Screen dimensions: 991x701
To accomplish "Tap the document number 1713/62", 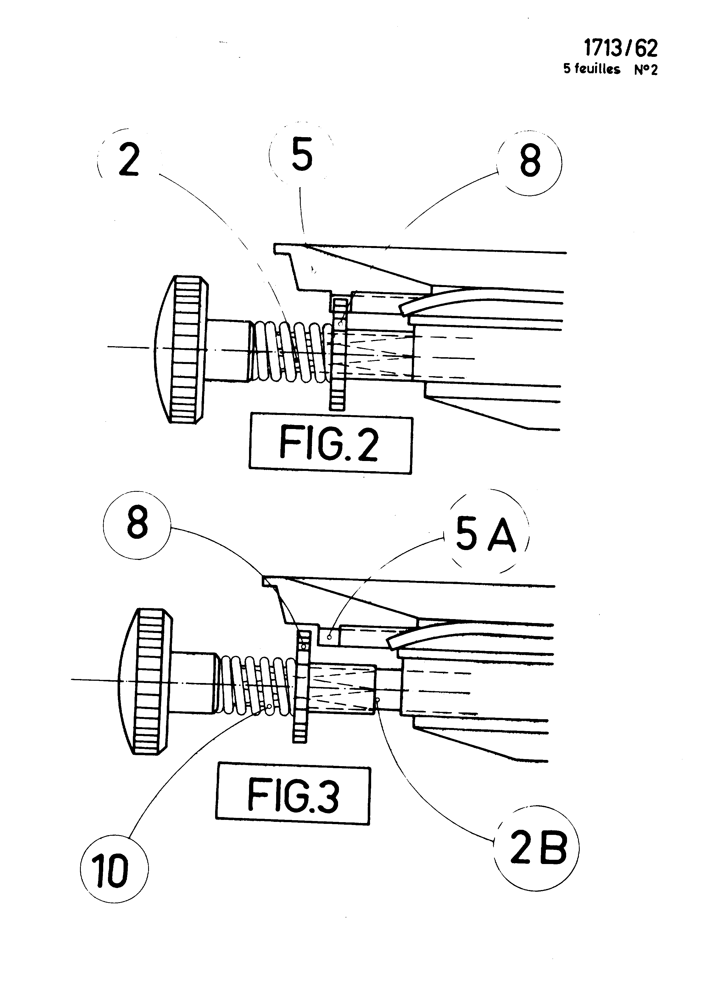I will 620,48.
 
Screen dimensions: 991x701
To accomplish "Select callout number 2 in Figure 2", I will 129,160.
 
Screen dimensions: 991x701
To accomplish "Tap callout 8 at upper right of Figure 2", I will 530,162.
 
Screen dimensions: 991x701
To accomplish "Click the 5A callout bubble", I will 486,537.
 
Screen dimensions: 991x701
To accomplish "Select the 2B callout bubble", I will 537,847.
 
